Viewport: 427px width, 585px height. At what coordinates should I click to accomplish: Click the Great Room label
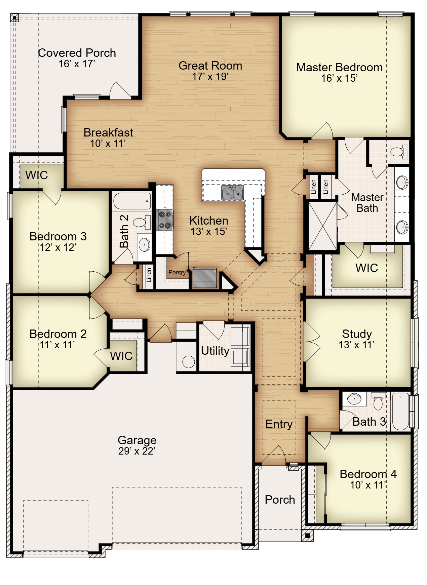click(210, 66)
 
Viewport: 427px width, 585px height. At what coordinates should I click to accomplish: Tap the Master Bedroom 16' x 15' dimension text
click(339, 78)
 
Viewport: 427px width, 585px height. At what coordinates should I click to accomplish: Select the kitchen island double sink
click(232, 193)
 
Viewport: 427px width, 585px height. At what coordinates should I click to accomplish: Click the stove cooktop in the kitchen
click(165, 220)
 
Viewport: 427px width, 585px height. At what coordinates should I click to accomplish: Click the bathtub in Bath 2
click(132, 201)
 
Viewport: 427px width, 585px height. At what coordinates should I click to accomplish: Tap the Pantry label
click(177, 272)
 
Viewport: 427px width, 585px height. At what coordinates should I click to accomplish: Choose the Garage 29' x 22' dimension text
click(137, 451)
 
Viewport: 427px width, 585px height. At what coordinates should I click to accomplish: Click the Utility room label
click(215, 351)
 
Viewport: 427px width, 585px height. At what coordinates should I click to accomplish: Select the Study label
click(357, 334)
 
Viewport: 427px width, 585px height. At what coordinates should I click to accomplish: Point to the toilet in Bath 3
click(378, 401)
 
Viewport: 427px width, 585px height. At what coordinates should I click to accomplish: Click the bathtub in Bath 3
click(400, 411)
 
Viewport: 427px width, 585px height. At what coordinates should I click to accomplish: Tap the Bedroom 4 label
click(368, 474)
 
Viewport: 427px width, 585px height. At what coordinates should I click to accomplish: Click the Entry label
click(279, 424)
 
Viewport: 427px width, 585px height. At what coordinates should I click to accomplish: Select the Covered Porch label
click(77, 53)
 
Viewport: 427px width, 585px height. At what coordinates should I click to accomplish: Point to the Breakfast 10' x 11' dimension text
click(108, 144)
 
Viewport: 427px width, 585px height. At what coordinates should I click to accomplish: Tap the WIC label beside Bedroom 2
click(121, 356)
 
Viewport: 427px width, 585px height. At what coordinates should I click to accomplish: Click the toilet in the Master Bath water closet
click(399, 152)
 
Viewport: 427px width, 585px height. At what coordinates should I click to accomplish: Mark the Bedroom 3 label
click(58, 236)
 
